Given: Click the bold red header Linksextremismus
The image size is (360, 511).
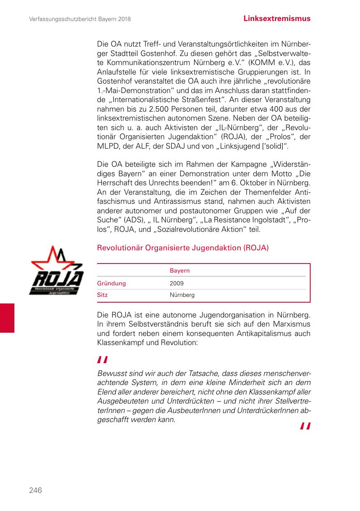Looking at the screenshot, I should point(276,19).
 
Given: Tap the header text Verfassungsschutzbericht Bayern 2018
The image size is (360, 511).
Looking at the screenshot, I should point(80,19).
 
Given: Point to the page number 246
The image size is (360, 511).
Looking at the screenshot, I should point(35,490).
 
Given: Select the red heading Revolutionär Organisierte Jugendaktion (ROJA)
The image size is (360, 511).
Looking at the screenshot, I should point(183,248).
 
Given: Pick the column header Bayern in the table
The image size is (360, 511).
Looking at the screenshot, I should point(180,271).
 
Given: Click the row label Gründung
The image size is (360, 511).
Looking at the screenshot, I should point(111,283).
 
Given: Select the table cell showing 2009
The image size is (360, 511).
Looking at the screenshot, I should point(177,283).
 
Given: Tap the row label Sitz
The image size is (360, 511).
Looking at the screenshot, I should point(102,295).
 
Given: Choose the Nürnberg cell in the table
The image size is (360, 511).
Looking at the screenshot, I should point(182,295).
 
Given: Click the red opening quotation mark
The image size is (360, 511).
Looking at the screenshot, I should point(102,360).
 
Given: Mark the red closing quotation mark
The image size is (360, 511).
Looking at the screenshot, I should point(305,426).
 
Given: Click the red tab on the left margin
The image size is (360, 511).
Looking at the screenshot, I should point(7,317).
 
